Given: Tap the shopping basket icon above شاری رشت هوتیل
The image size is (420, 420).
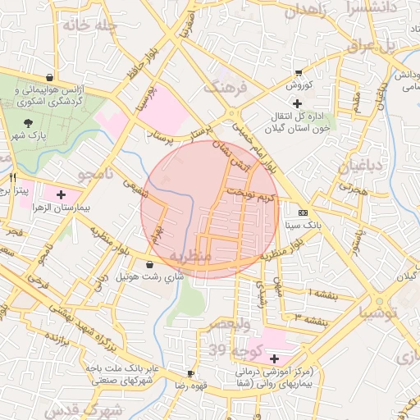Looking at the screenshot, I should coord(149,264).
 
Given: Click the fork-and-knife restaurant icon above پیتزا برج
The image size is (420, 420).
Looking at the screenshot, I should coord(12,177).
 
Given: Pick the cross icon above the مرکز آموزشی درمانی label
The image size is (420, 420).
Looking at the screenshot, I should coord(273,358).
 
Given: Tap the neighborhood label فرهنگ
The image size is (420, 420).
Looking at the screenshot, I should coord(224,86).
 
